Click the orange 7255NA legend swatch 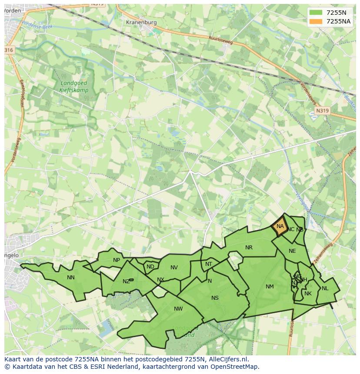click(x=316, y=21)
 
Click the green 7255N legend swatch click(x=316, y=13)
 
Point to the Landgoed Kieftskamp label click(x=74, y=87)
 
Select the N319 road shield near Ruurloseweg click(x=322, y=111)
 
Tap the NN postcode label click(x=71, y=278)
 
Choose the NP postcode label click(x=117, y=261)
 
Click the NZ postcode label click(x=126, y=281)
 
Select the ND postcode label click(x=150, y=267)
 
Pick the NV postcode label click(x=174, y=268)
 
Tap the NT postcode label click(x=209, y=264)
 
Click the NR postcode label click(x=249, y=248)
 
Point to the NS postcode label click(x=215, y=298)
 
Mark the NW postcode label click(x=178, y=309)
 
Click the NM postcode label click(x=270, y=287)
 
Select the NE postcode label click(x=292, y=251)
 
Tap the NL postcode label click(x=325, y=288)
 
